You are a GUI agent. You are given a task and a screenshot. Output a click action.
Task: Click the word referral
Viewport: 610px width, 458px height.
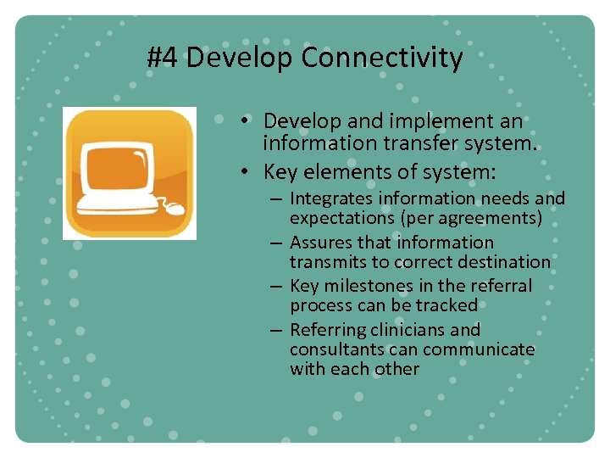pyautogui.click(x=504, y=286)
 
